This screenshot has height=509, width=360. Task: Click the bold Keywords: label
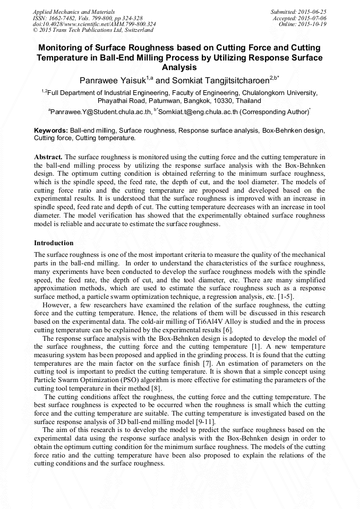[51, 130]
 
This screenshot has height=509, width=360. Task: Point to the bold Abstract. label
[48, 157]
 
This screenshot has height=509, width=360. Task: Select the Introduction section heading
[54, 243]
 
